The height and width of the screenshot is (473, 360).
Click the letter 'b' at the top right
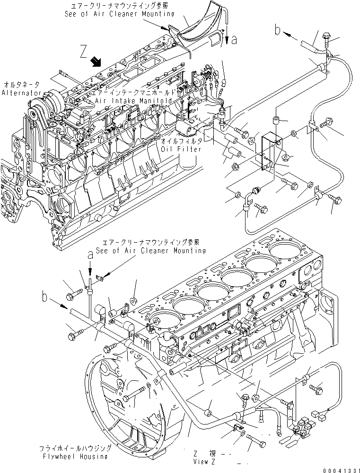tap(277, 30)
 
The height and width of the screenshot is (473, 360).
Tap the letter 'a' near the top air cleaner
tap(234, 41)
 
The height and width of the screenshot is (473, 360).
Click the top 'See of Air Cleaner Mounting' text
tap(116, 14)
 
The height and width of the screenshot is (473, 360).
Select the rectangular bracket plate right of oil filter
tap(270, 147)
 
